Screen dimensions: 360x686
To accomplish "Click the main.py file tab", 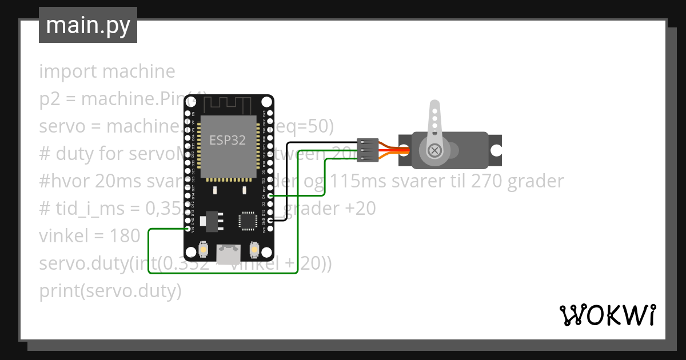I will [88, 25].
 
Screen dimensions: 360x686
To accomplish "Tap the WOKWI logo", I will [607, 315].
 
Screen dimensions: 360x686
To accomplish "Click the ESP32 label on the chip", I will [228, 140].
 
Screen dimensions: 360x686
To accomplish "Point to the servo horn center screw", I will [434, 150].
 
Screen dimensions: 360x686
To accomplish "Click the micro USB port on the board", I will [229, 253].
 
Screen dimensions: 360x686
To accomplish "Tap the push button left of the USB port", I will [203, 250].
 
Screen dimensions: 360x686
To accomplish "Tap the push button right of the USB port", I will [254, 250].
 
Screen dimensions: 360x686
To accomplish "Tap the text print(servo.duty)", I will [110, 291].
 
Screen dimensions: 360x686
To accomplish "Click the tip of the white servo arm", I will [434, 106].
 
